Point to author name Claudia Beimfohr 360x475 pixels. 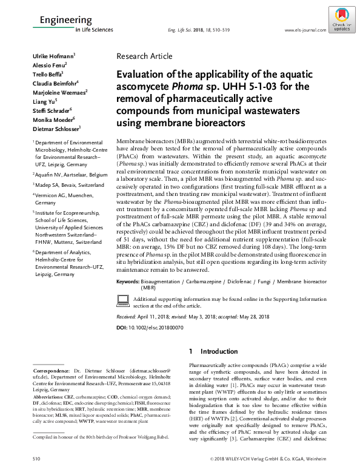[x=55, y=83]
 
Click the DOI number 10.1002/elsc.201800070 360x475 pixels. [x=155, y=328]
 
